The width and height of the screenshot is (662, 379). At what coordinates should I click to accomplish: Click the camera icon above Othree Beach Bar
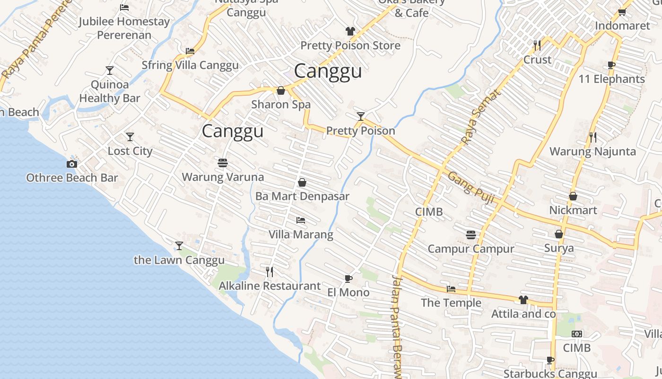72,164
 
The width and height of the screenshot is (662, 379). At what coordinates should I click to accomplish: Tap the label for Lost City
130,151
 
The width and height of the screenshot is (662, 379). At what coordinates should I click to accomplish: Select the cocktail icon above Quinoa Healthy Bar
110,71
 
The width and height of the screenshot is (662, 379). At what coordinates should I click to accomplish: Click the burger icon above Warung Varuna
223,163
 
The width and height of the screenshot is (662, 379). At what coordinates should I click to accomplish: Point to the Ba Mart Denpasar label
302,196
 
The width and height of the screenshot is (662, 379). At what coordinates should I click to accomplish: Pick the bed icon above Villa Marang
300,220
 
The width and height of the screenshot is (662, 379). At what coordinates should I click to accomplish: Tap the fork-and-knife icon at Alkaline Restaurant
270,271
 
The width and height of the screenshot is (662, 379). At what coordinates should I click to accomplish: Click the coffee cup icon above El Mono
348,279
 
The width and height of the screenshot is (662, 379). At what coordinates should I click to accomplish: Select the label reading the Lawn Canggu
179,260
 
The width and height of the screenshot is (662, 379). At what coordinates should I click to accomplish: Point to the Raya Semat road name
480,117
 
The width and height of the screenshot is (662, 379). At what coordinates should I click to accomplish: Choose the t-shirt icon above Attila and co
523,299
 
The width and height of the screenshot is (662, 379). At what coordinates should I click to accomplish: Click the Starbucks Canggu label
550,373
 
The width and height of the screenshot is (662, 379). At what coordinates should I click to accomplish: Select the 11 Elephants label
611,79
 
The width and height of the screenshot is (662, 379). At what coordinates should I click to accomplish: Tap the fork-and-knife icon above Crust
537,45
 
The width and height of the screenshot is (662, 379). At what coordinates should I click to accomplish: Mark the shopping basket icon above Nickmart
573,196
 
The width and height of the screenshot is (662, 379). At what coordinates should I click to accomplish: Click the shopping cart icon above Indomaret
622,12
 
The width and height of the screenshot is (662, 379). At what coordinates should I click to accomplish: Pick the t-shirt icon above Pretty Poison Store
350,31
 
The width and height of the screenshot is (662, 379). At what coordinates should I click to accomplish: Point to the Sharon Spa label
281,104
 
